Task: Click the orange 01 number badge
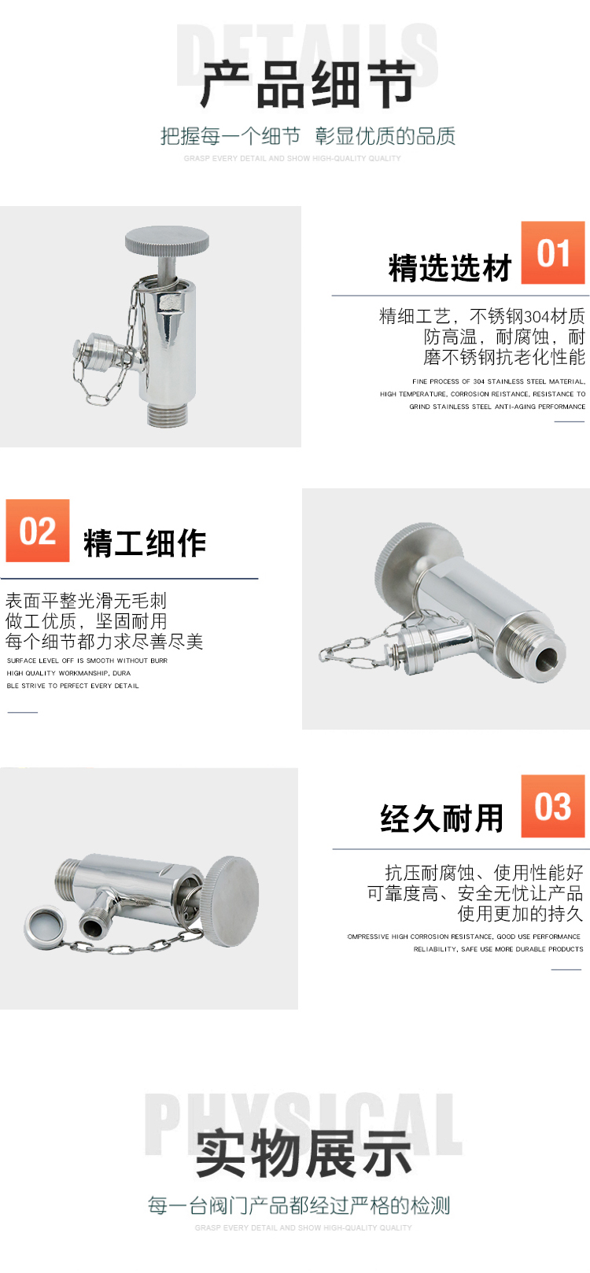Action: click(x=552, y=252)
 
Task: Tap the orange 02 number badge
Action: click(x=38, y=531)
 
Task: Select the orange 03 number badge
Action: click(x=552, y=806)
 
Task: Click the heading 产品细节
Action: click(x=308, y=84)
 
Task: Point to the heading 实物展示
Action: click(x=304, y=1153)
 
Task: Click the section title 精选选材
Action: click(x=450, y=267)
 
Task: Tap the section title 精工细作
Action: click(x=145, y=543)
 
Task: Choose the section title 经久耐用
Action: click(x=441, y=819)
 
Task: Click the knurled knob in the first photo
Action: click(x=167, y=241)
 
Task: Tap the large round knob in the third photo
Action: click(x=230, y=901)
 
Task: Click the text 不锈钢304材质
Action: click(x=528, y=316)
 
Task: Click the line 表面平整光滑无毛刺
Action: click(x=86, y=601)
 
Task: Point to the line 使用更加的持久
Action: click(x=520, y=914)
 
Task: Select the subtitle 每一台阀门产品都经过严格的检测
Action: click(x=299, y=1205)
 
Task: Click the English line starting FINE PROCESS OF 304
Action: click(x=499, y=381)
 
